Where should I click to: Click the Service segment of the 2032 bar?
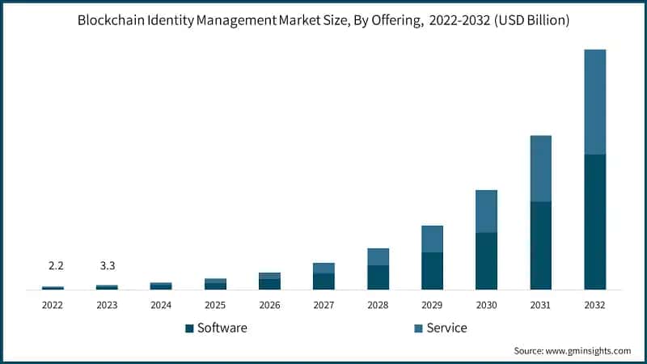[594, 102]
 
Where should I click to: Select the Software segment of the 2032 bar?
[594, 222]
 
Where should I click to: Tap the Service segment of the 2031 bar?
[540, 168]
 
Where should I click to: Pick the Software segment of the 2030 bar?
[486, 260]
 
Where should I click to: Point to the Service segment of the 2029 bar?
[432, 239]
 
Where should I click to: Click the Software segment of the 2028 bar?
[378, 277]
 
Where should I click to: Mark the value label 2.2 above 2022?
[53, 265]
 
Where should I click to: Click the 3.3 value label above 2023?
[107, 265]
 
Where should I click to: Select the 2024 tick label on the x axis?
[161, 305]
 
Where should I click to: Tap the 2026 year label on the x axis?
[269, 305]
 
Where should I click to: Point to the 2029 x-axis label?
[432, 305]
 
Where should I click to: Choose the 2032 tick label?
[594, 305]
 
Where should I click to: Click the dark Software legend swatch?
[189, 328]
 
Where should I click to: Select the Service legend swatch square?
[418, 328]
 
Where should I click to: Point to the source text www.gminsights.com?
[589, 350]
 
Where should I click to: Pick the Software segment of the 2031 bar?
[540, 245]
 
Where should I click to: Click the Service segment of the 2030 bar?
[486, 211]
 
